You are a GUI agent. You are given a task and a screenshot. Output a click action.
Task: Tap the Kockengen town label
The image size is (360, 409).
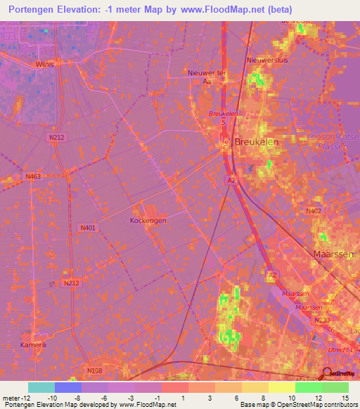coord(148,221)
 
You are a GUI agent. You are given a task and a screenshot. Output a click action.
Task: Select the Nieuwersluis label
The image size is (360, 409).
coord(264,60)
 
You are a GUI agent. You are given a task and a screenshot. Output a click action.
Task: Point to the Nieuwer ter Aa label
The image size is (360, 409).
coord(205,77)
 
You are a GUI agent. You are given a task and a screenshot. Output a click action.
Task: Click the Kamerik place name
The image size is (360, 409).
coord(32,346)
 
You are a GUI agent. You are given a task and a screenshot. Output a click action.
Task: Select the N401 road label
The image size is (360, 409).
coord(88,228)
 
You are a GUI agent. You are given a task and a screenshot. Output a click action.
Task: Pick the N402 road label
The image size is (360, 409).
coord(314,210)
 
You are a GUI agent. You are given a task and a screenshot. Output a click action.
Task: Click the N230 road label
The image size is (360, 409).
coord(323,320)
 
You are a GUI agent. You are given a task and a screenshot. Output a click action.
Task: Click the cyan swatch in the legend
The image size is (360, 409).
coord(41,387)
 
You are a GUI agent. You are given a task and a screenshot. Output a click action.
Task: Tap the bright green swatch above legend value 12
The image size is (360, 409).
coord(308,387)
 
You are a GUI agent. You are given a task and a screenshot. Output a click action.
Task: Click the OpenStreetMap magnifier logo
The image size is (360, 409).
coord(328,375)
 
